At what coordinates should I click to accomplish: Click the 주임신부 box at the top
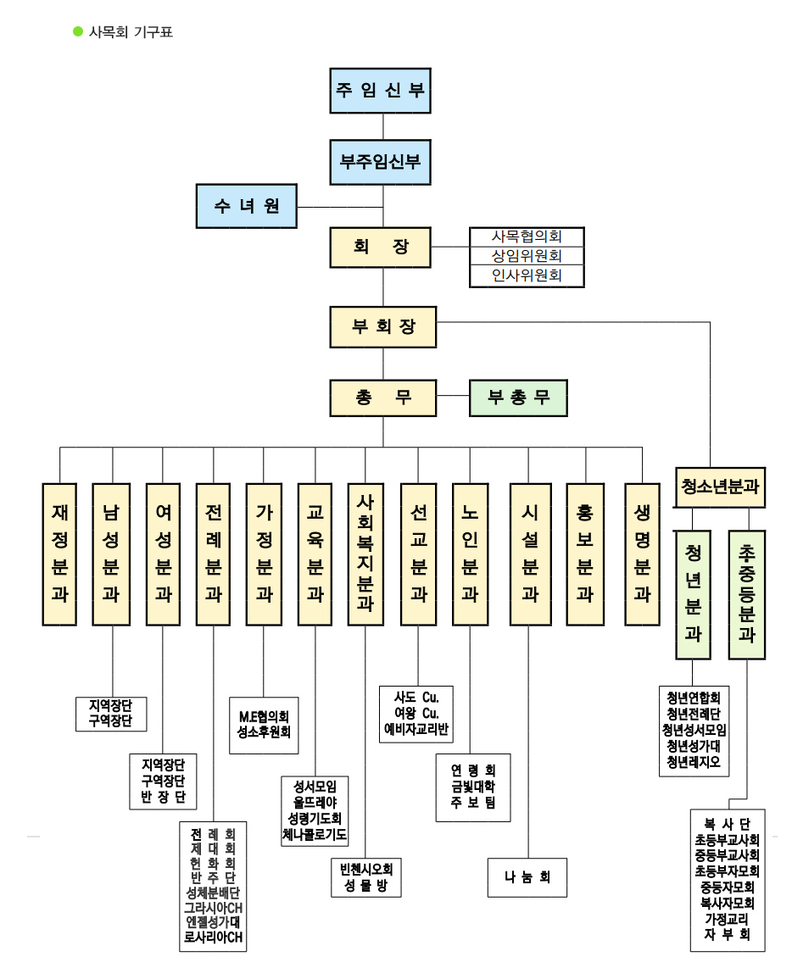click(381, 91)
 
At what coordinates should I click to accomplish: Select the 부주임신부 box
click(381, 161)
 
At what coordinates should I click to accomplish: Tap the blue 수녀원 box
click(247, 206)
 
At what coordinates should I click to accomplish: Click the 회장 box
click(381, 248)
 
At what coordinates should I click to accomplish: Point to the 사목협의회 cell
click(527, 236)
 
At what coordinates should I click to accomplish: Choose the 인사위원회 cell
click(527, 275)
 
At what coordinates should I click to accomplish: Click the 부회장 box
click(383, 326)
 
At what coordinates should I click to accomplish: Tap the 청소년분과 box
click(720, 487)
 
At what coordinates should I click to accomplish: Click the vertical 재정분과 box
click(60, 554)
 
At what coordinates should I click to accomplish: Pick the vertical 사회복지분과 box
click(365, 554)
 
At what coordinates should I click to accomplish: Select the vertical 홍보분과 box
click(584, 554)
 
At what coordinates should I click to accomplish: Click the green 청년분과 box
click(693, 594)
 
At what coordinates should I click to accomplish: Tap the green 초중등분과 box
click(747, 594)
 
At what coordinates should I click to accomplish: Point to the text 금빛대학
click(473, 787)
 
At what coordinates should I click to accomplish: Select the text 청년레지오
click(694, 761)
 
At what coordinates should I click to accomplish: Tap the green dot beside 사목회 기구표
click(78, 32)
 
